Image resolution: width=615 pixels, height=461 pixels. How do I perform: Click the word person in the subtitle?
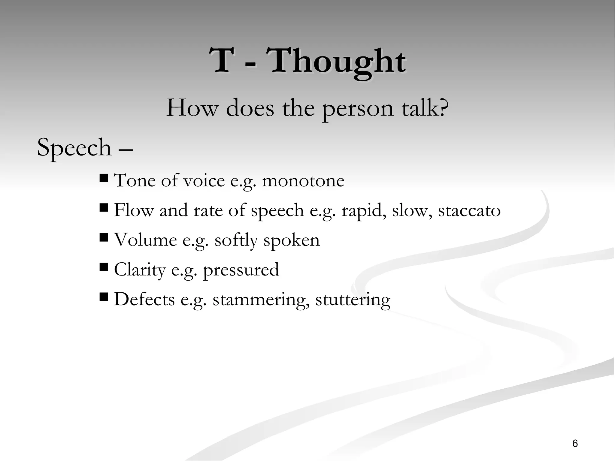tap(358, 108)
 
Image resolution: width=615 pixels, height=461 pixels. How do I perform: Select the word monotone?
tap(303, 181)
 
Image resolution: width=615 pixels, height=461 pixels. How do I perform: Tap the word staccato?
tap(469, 210)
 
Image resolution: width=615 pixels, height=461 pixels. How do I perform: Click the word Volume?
tap(145, 240)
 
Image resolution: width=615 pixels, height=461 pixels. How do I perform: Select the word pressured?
tap(241, 270)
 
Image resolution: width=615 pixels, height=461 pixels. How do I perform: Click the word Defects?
tap(144, 299)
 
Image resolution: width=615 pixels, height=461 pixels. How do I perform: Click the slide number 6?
tap(575, 443)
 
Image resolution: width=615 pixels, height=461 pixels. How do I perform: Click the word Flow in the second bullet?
tap(134, 210)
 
